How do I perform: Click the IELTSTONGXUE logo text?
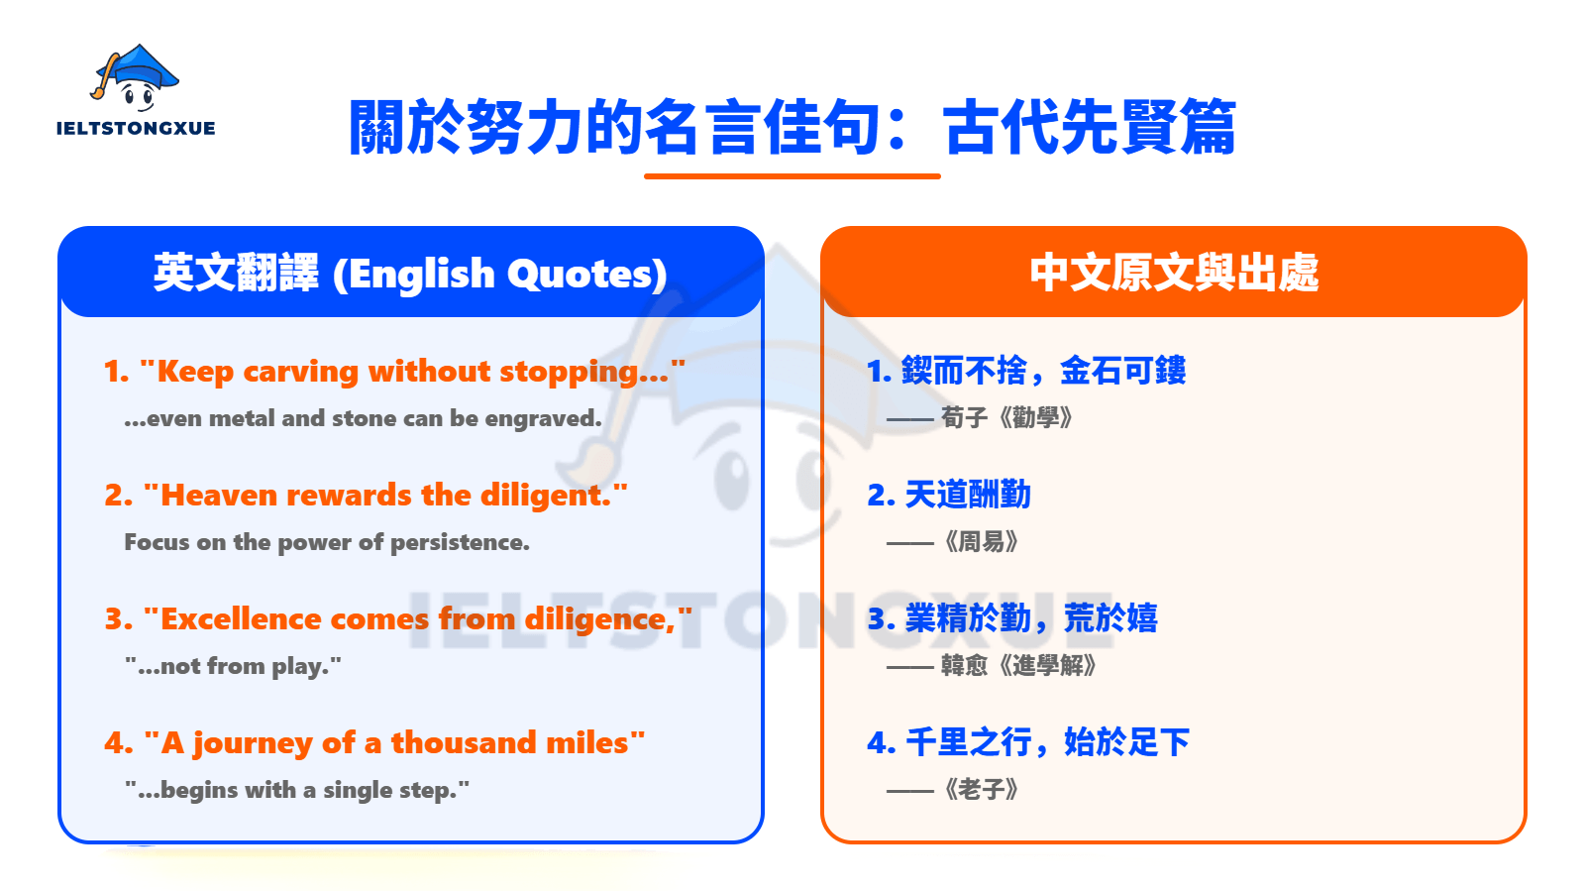coord(136,128)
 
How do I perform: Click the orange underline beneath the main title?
coord(792,176)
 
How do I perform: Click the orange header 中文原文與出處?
coord(1174,273)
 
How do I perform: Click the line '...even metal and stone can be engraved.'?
coord(363,418)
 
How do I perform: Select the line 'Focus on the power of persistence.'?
coord(327,542)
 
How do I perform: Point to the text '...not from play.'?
coord(233,666)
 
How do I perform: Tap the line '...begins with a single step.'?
coord(297,790)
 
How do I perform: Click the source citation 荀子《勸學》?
coord(1006,417)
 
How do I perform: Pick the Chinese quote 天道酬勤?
coord(968,495)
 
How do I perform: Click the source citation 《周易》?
coord(981,542)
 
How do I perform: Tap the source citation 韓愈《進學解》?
coord(1018,665)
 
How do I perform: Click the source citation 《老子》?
coord(981,790)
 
